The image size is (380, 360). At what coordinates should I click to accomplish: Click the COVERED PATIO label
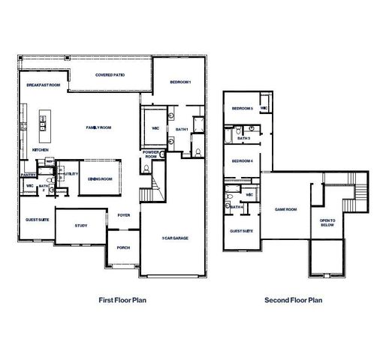click(x=110, y=76)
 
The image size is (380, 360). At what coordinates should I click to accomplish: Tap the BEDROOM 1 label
click(x=181, y=81)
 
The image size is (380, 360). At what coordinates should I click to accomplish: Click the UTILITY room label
click(x=72, y=174)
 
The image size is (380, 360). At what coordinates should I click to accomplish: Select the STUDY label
click(x=81, y=225)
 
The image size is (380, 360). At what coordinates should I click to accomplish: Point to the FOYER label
click(x=124, y=216)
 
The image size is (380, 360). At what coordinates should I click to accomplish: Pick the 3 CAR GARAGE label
click(x=174, y=238)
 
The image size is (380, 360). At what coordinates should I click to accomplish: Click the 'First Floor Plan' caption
click(x=122, y=300)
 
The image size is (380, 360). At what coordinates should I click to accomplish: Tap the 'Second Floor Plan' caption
click(x=293, y=300)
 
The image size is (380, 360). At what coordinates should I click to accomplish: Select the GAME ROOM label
click(x=286, y=210)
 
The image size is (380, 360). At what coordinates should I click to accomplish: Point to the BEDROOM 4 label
click(x=242, y=161)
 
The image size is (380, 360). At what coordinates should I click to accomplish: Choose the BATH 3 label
click(x=243, y=138)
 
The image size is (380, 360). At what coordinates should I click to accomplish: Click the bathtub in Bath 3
click(x=228, y=136)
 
